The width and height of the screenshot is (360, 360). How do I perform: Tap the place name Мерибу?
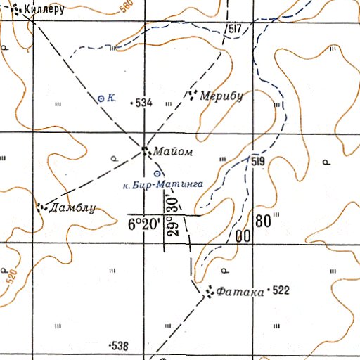click(x=221, y=96)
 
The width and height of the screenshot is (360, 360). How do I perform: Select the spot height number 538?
click(x=120, y=347)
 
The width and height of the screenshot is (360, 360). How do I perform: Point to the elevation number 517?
click(x=235, y=29)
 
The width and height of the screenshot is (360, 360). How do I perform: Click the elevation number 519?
click(x=257, y=161)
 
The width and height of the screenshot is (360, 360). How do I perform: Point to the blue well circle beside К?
click(x=101, y=98)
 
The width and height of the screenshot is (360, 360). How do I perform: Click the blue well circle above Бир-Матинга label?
click(x=157, y=174)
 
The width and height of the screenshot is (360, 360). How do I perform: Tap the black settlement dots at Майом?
click(x=145, y=149)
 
